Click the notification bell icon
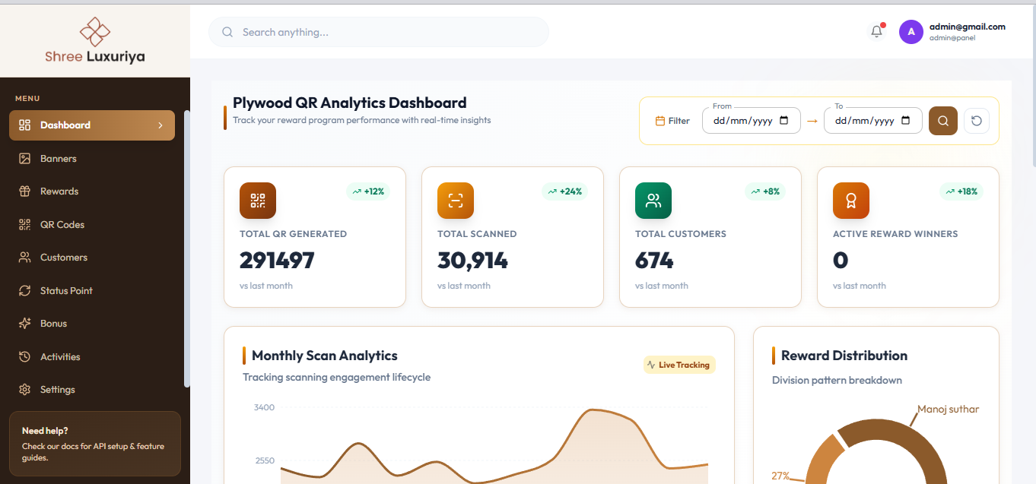[x=876, y=31]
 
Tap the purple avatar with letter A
[x=910, y=32]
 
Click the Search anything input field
[x=378, y=32]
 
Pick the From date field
[x=751, y=121]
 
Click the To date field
[x=872, y=121]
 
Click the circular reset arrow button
[x=977, y=121]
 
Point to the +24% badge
[x=564, y=191]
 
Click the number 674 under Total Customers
[x=654, y=260]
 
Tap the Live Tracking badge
[x=679, y=365]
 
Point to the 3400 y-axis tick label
[x=264, y=407]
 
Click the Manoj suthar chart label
[x=948, y=410]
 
